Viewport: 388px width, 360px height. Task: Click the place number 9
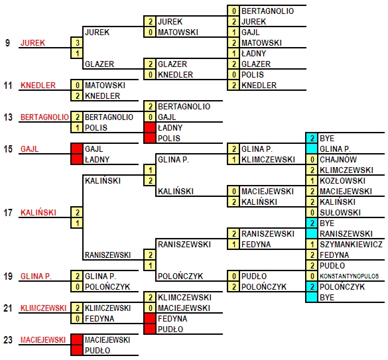click(x=7, y=43)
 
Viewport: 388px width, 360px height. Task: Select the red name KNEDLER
click(x=38, y=86)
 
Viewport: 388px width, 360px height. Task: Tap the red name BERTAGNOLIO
click(x=44, y=117)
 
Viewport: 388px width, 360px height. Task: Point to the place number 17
click(x=8, y=213)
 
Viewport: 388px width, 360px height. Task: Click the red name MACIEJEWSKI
click(x=43, y=340)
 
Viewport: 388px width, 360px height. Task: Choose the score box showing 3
click(x=77, y=42)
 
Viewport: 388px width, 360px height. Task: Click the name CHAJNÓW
click(x=338, y=160)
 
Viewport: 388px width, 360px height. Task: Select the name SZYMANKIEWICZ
click(x=351, y=245)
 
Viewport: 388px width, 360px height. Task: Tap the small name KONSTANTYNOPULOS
click(x=349, y=276)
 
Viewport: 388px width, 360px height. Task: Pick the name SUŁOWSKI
click(x=340, y=213)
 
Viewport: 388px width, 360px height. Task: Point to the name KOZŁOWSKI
click(x=342, y=180)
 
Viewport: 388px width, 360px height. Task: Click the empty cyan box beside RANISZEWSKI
click(x=312, y=233)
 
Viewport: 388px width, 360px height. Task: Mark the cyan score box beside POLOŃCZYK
click(x=312, y=287)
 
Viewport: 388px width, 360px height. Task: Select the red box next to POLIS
click(x=150, y=138)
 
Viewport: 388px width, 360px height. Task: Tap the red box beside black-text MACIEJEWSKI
click(x=77, y=339)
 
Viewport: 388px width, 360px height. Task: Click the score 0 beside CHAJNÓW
click(x=312, y=159)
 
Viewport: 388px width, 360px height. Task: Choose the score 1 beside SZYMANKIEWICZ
click(x=312, y=244)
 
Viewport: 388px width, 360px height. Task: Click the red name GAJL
click(x=29, y=149)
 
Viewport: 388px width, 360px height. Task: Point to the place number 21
click(x=8, y=308)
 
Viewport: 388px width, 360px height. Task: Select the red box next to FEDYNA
click(x=150, y=318)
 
